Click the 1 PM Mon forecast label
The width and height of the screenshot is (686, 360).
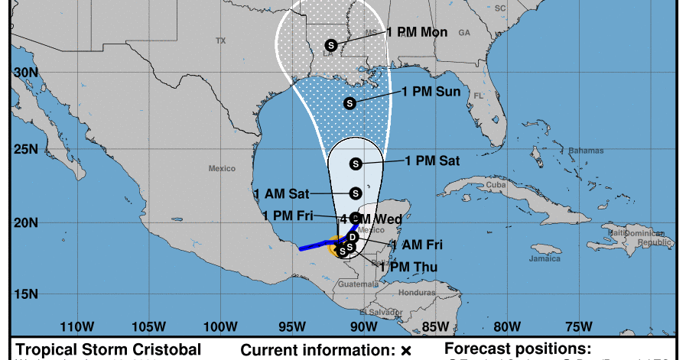pos(417,32)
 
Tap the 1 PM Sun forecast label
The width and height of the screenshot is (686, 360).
pos(431,92)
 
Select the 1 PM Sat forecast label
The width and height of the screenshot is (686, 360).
pos(432,161)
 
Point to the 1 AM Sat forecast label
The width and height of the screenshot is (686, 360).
pos(281,193)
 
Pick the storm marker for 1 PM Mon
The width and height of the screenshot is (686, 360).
pos(331,45)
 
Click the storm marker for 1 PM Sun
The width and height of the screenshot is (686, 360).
pos(350,103)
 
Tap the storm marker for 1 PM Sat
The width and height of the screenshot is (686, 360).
pos(355,164)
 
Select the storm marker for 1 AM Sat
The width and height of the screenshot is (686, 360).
pos(355,193)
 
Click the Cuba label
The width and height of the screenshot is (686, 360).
pos(497,185)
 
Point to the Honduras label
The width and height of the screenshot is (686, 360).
pos(416,292)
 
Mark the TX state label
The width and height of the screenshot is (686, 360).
pos(221,41)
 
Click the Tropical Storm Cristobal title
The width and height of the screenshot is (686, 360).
pos(109,349)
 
